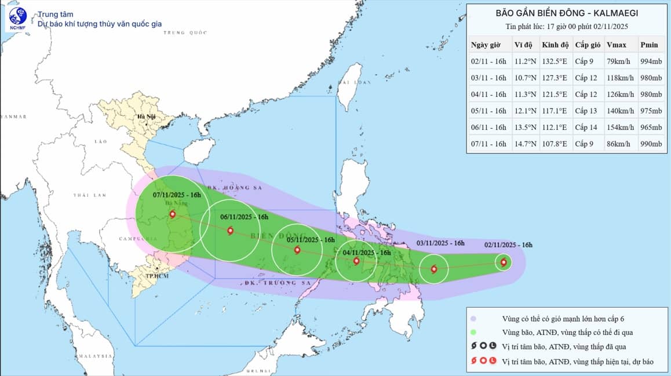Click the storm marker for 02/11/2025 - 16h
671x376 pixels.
point(503,262)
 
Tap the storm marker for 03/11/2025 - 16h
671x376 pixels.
point(434,269)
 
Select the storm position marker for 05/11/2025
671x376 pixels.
point(297,250)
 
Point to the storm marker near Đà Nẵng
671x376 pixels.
point(173,214)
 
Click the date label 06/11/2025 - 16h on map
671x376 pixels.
point(245,217)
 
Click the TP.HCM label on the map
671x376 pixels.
point(154,276)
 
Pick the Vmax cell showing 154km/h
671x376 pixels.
point(619,127)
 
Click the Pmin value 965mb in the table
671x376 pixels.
point(651,127)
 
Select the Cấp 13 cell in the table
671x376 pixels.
point(585,111)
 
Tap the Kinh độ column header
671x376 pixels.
point(554,45)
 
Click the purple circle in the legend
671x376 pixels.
point(474,319)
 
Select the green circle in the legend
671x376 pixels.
point(474,333)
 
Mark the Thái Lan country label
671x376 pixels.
point(90,195)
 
